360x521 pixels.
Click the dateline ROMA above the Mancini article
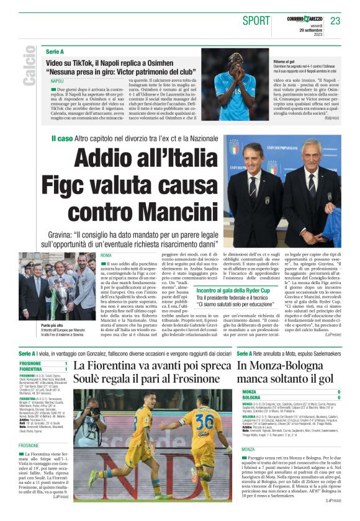click(x=106, y=255)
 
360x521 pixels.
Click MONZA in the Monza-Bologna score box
click(x=249, y=392)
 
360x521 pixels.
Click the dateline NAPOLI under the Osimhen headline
click(x=57, y=81)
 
